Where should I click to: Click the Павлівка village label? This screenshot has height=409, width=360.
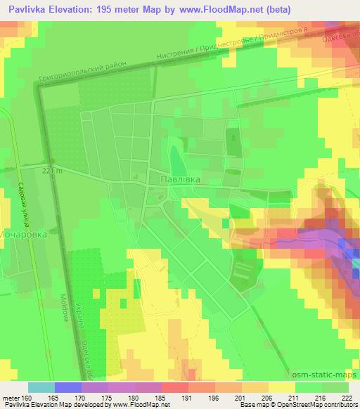tap(181, 180)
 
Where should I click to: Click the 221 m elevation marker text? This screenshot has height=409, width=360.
tap(53, 170)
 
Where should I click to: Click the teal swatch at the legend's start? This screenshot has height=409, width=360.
tap(41, 387)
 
